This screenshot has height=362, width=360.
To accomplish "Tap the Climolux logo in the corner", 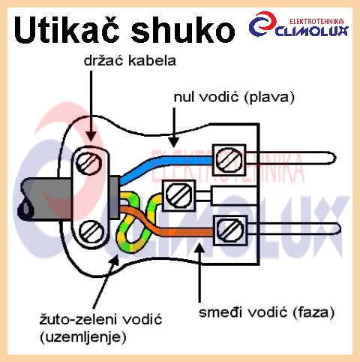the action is pos(298,25).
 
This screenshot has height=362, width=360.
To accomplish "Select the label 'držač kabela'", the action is pos(130,61).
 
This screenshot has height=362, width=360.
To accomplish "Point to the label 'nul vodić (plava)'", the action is pos(234,97).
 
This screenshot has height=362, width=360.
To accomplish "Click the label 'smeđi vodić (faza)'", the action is pos(266,312).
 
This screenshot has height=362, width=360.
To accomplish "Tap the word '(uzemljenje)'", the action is pos(83,337).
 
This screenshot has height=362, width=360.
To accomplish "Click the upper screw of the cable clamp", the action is pos(89,162).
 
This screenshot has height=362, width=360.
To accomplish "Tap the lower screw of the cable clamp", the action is pos(91,231).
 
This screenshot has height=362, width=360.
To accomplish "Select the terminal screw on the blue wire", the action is pos(229,159).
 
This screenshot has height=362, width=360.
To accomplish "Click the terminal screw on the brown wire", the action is pos(230,230).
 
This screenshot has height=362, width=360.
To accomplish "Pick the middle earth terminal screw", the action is pos(179,195).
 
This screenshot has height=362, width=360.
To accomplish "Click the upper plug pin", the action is pos(291,158).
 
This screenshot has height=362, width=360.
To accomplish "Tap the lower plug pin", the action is pos(294,229).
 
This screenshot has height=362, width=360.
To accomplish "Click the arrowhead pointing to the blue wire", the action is pos(173,142).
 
